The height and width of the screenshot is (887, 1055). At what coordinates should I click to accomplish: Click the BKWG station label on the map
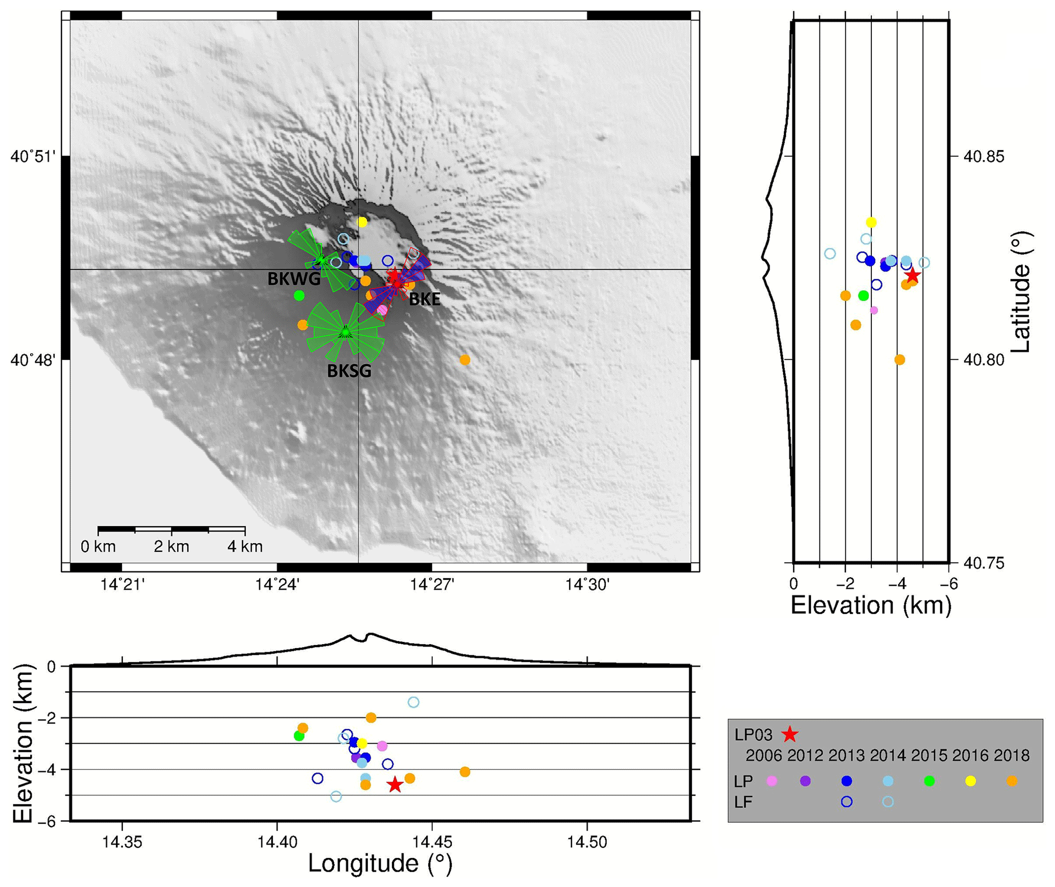pos(294,279)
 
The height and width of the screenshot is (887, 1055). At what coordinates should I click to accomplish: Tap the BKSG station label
pos(349,371)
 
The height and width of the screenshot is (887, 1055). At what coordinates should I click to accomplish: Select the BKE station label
pos(424,299)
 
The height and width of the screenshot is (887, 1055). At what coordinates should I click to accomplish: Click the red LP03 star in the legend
pos(790,734)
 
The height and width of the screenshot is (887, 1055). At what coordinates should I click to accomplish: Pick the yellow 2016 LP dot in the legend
pos(970,781)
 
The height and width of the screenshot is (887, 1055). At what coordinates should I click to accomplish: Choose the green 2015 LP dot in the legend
pos(929,781)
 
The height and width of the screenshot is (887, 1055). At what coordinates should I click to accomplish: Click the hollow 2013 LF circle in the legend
pos(846,802)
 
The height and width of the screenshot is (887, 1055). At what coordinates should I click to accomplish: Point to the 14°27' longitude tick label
pos(432,584)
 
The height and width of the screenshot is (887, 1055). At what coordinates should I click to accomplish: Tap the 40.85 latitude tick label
pos(984,156)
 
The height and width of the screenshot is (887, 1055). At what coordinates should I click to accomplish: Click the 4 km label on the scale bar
pos(245,547)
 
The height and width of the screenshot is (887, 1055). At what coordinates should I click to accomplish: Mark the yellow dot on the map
pos(362,222)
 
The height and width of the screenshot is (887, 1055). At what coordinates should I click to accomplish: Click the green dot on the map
pos(299,295)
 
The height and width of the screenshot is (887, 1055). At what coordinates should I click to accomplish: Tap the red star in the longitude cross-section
pos(395,785)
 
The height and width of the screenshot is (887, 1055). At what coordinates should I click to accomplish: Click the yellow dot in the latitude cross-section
pos(871,222)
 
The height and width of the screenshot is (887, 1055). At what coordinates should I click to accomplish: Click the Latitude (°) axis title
pos(1020,292)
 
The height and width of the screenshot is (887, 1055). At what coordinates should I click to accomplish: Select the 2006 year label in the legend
pos(764,756)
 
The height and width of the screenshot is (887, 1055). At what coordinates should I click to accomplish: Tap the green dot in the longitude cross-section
pos(299,736)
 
